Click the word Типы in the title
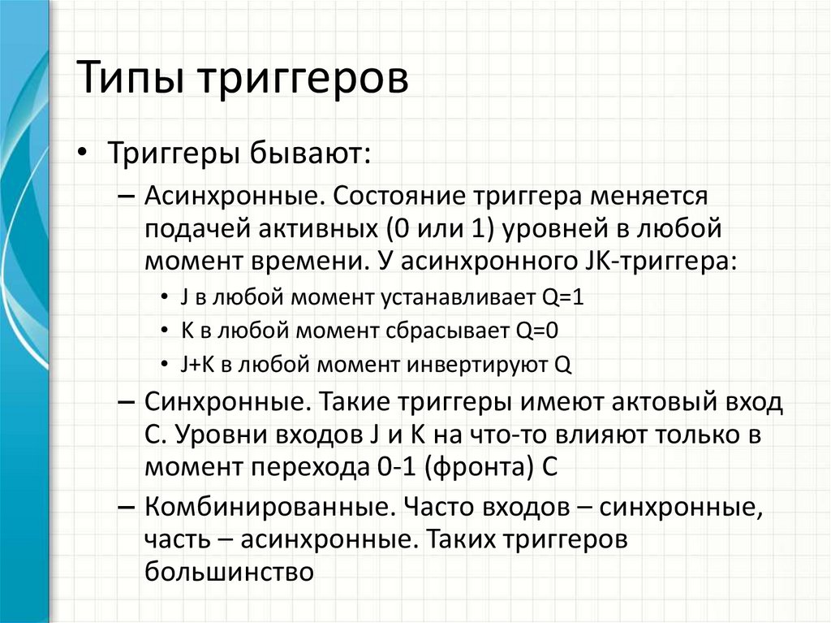pyautogui.click(x=131, y=79)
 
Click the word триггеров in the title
pyautogui.click(x=304, y=80)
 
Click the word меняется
pyautogui.click(x=649, y=197)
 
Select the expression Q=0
pyautogui.click(x=537, y=331)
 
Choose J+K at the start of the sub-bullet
pyautogui.click(x=198, y=365)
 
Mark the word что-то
pyautogui.click(x=512, y=435)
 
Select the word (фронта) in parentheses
pyautogui.click(x=479, y=468)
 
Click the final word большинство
pyautogui.click(x=229, y=572)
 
